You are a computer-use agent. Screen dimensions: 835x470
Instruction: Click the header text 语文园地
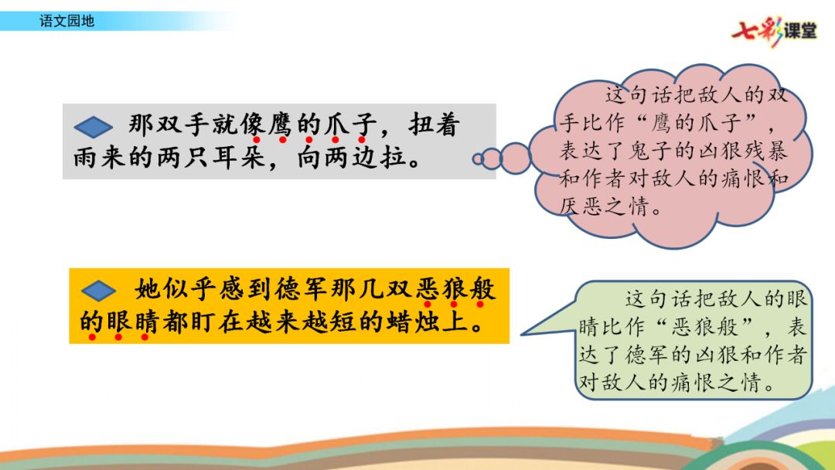[x=66, y=21]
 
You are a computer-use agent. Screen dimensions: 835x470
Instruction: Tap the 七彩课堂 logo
[x=774, y=31]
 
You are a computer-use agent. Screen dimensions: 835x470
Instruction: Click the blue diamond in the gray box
[x=94, y=127]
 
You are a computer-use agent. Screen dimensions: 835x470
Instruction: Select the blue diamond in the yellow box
[x=98, y=291]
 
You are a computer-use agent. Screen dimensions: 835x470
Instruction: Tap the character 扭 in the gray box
[x=420, y=126]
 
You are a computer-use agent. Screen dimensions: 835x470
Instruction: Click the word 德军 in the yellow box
[x=302, y=290]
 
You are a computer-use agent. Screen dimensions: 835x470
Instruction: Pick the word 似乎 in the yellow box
[x=189, y=290]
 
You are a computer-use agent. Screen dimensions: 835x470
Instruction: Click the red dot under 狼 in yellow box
[x=454, y=305]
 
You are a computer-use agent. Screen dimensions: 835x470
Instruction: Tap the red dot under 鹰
[x=282, y=140]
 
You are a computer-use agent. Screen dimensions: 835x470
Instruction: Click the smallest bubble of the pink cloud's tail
[x=478, y=158]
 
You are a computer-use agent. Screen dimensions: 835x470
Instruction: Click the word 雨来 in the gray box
[x=100, y=157]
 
